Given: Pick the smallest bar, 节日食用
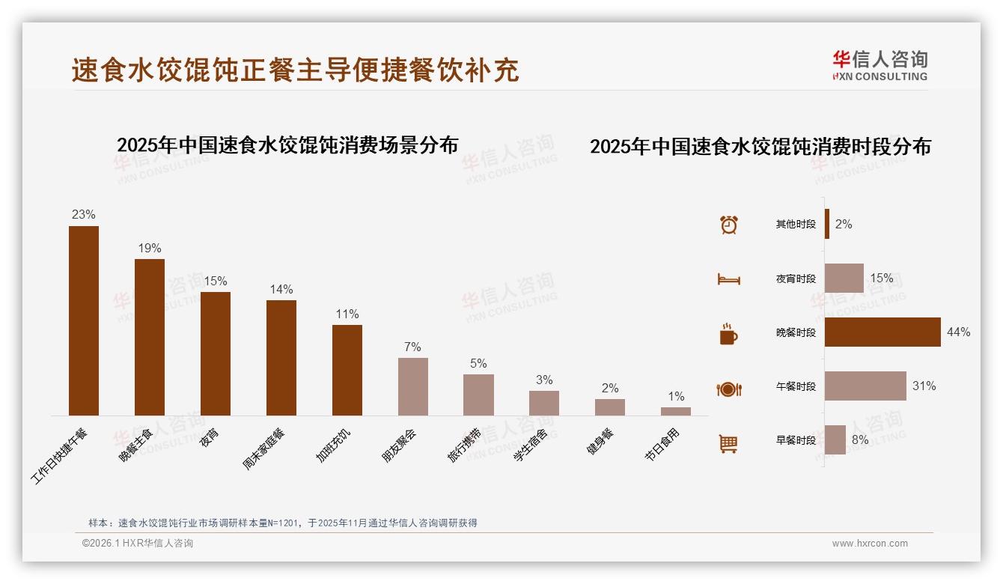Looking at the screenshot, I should tap(676, 411).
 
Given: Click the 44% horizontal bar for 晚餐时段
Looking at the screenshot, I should tap(882, 332).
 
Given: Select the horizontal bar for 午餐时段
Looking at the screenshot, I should tap(865, 386).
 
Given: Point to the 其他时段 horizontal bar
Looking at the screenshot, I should tap(827, 224).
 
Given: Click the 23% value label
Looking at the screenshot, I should tap(84, 215).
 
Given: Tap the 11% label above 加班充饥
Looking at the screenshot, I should tap(347, 314).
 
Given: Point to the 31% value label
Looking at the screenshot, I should tap(924, 386).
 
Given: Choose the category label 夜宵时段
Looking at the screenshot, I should tap(796, 279).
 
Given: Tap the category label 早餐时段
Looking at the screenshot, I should tap(796, 440).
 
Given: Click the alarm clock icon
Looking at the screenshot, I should tap(729, 225).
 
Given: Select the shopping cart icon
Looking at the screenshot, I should tap(728, 443).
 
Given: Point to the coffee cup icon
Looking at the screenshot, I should tap(728, 334).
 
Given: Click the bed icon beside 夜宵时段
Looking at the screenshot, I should tap(728, 279).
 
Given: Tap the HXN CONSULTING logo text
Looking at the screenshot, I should tap(880, 76).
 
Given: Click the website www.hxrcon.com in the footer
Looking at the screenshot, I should tap(870, 544).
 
